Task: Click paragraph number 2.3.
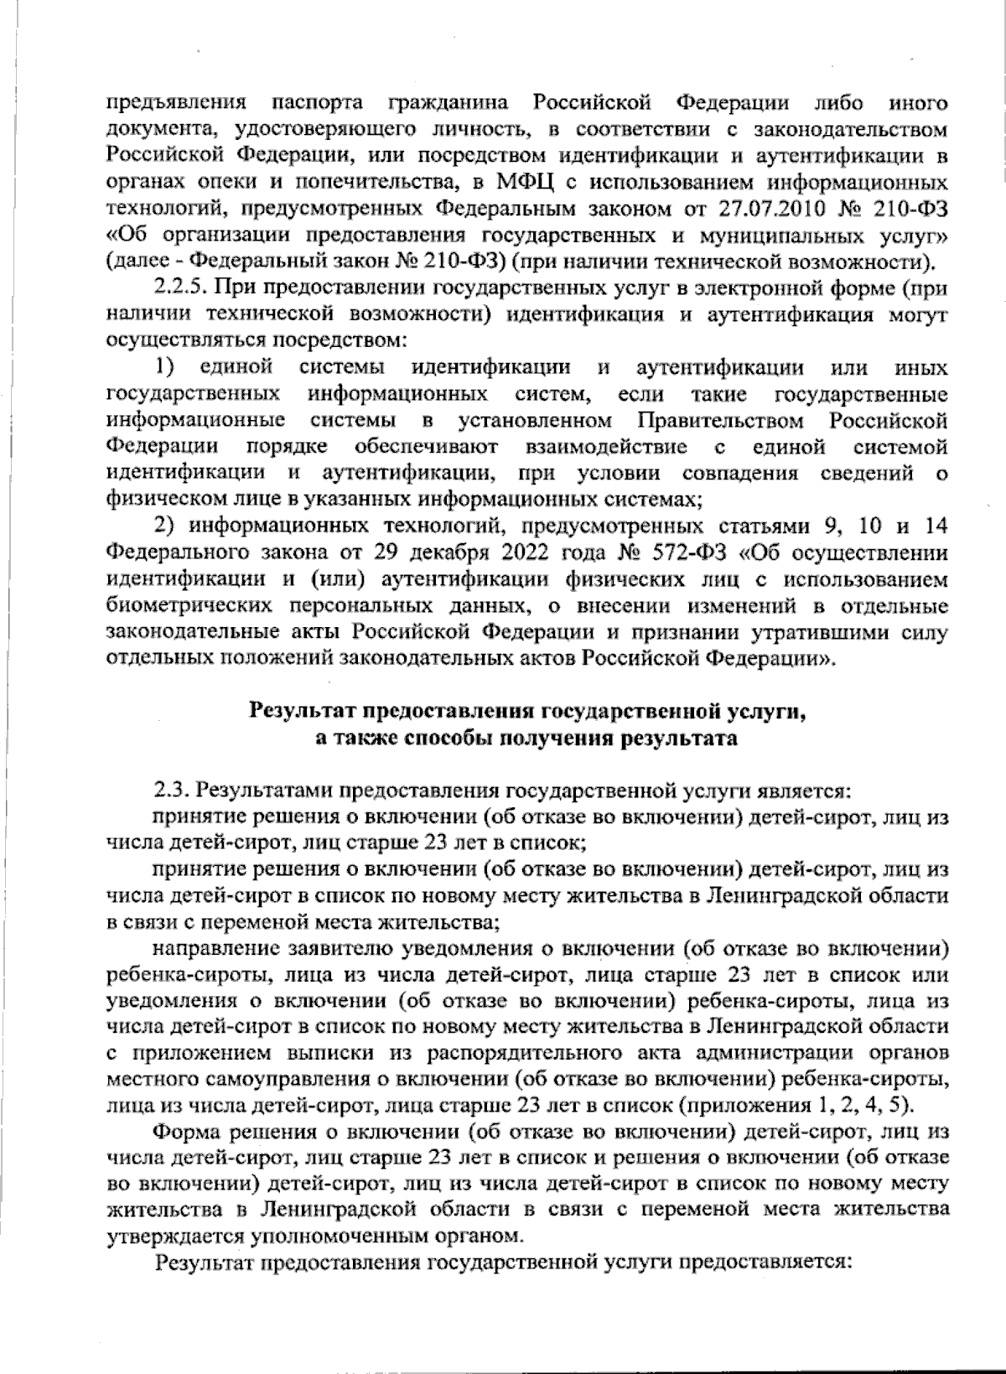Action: pos(171,791)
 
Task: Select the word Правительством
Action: pos(719,419)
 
